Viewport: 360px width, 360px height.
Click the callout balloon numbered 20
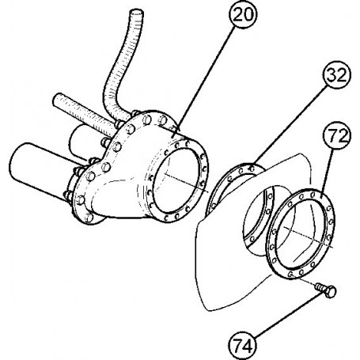[242, 15]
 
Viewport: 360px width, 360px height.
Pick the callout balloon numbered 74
[243, 345]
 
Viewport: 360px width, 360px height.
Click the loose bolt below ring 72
[326, 290]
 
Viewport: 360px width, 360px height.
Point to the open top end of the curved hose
[137, 13]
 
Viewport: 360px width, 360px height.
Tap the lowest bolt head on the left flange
[89, 218]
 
